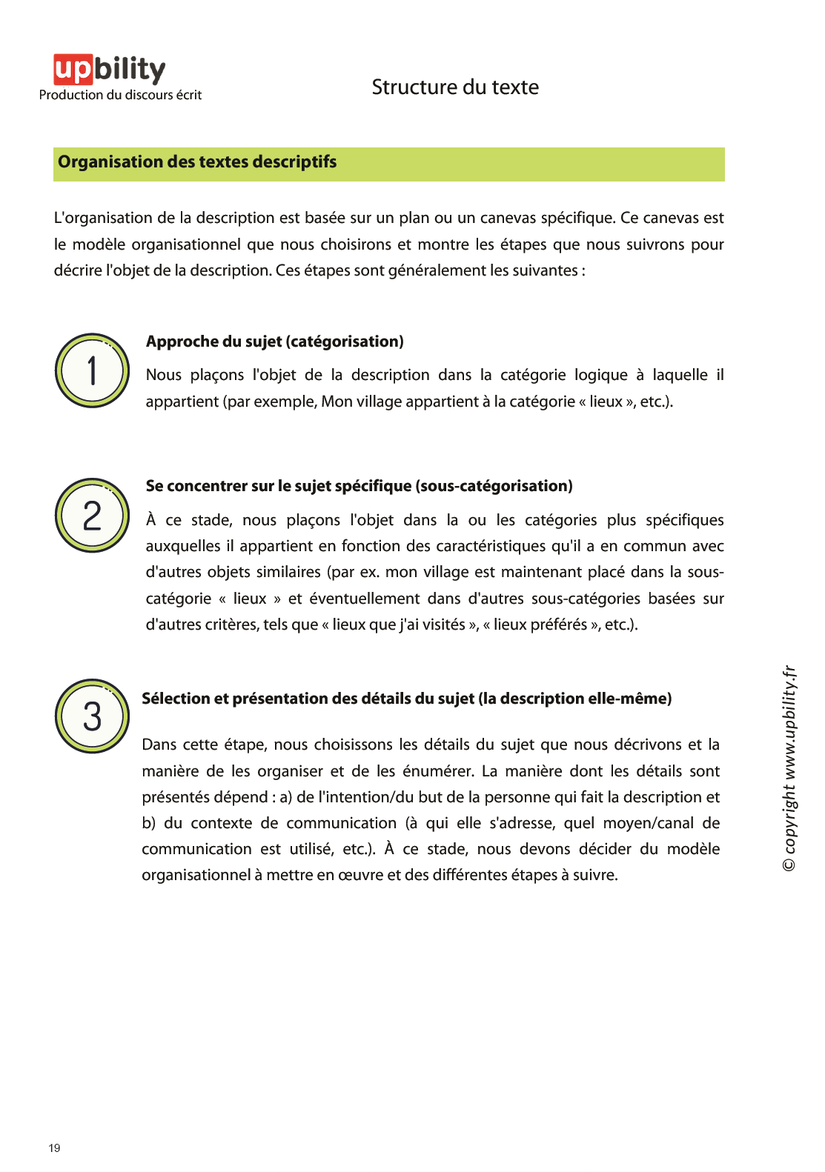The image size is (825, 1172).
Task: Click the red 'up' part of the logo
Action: (73, 69)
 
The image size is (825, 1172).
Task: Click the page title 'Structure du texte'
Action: (455, 87)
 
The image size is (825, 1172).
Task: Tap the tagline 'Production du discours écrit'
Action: (120, 95)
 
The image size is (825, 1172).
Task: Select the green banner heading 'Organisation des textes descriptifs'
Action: (197, 162)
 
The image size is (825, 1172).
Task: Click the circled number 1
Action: (92, 370)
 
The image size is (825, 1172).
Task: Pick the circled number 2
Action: (92, 516)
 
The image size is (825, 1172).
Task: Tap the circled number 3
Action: (92, 716)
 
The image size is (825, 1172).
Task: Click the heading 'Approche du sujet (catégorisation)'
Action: (274, 342)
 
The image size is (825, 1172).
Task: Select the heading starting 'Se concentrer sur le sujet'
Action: (359, 486)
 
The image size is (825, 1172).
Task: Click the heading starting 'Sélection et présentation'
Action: (406, 699)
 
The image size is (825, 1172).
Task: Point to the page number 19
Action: (54, 1148)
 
